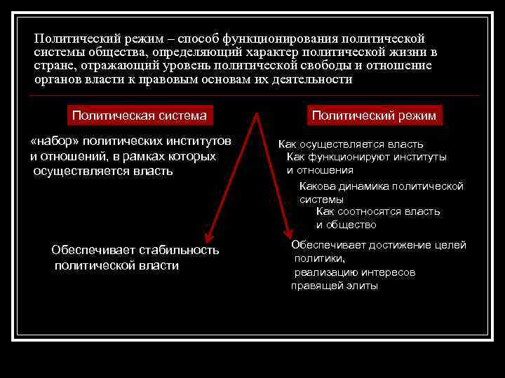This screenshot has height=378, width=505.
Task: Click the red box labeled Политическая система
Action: [140, 115]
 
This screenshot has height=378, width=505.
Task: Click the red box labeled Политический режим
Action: [374, 115]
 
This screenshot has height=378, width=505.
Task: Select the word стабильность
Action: [179, 250]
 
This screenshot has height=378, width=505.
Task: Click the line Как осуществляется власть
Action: [351, 144]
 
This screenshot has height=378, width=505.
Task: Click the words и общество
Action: [346, 225]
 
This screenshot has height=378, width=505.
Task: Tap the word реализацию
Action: [325, 272]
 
